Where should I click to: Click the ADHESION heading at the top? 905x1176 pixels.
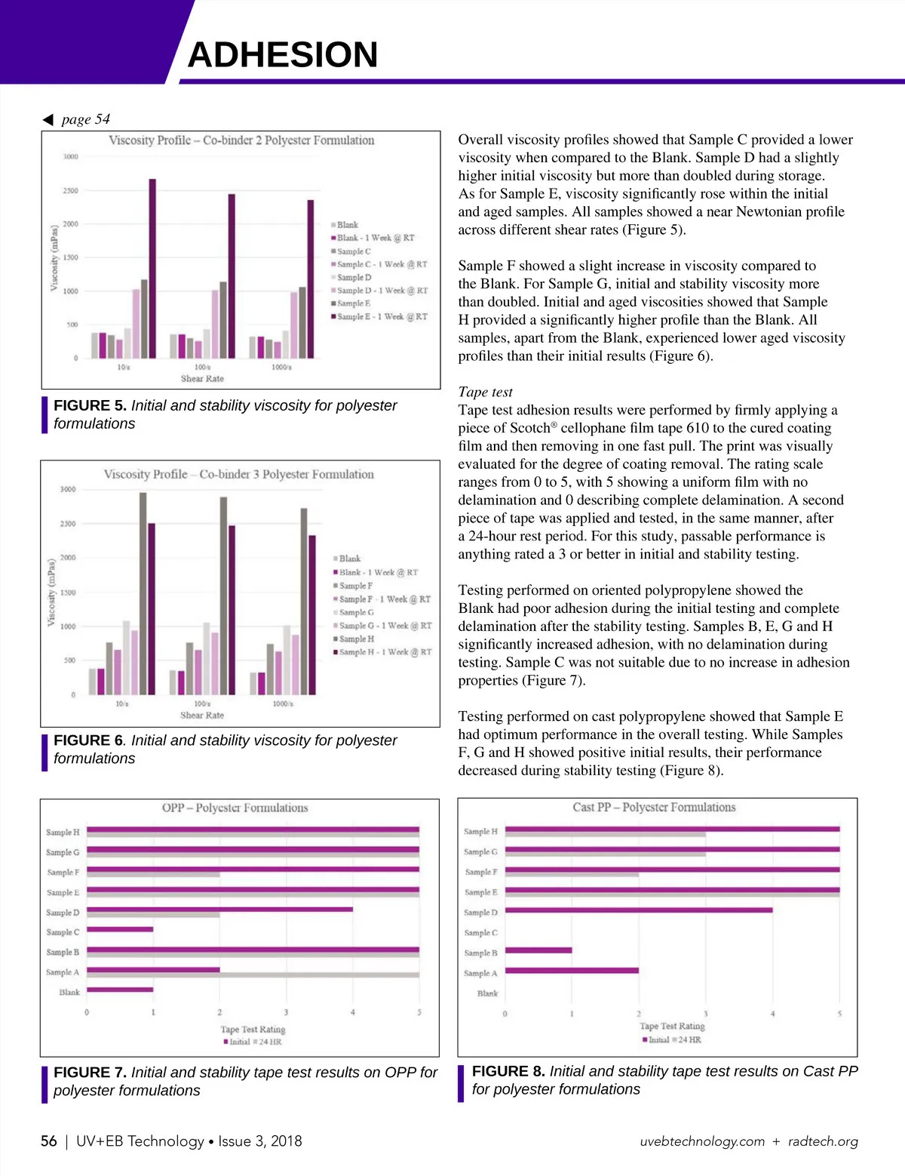(282, 55)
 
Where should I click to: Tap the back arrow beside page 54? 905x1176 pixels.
(48, 119)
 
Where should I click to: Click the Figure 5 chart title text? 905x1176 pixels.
(241, 140)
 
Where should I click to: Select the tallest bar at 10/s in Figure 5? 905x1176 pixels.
(152, 268)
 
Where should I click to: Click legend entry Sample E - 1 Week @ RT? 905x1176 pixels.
(381, 317)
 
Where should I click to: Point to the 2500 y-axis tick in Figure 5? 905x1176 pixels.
(70, 191)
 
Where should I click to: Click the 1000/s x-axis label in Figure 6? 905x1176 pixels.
(283, 703)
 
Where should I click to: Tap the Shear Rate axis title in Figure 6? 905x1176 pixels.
(202, 715)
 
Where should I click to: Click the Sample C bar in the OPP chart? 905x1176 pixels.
(120, 929)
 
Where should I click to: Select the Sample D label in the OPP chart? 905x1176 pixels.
(63, 913)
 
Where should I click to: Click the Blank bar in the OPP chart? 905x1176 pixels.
(120, 990)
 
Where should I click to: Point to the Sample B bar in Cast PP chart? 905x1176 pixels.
(538, 950)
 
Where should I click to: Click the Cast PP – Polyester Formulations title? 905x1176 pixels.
(654, 808)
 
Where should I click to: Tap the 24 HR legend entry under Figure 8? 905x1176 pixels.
(688, 1040)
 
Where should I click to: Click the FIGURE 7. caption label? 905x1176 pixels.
(90, 1073)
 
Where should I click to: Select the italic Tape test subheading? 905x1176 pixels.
(485, 392)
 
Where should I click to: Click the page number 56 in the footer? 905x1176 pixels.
(49, 1141)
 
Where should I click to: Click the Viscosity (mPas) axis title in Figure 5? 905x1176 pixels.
(54, 257)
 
